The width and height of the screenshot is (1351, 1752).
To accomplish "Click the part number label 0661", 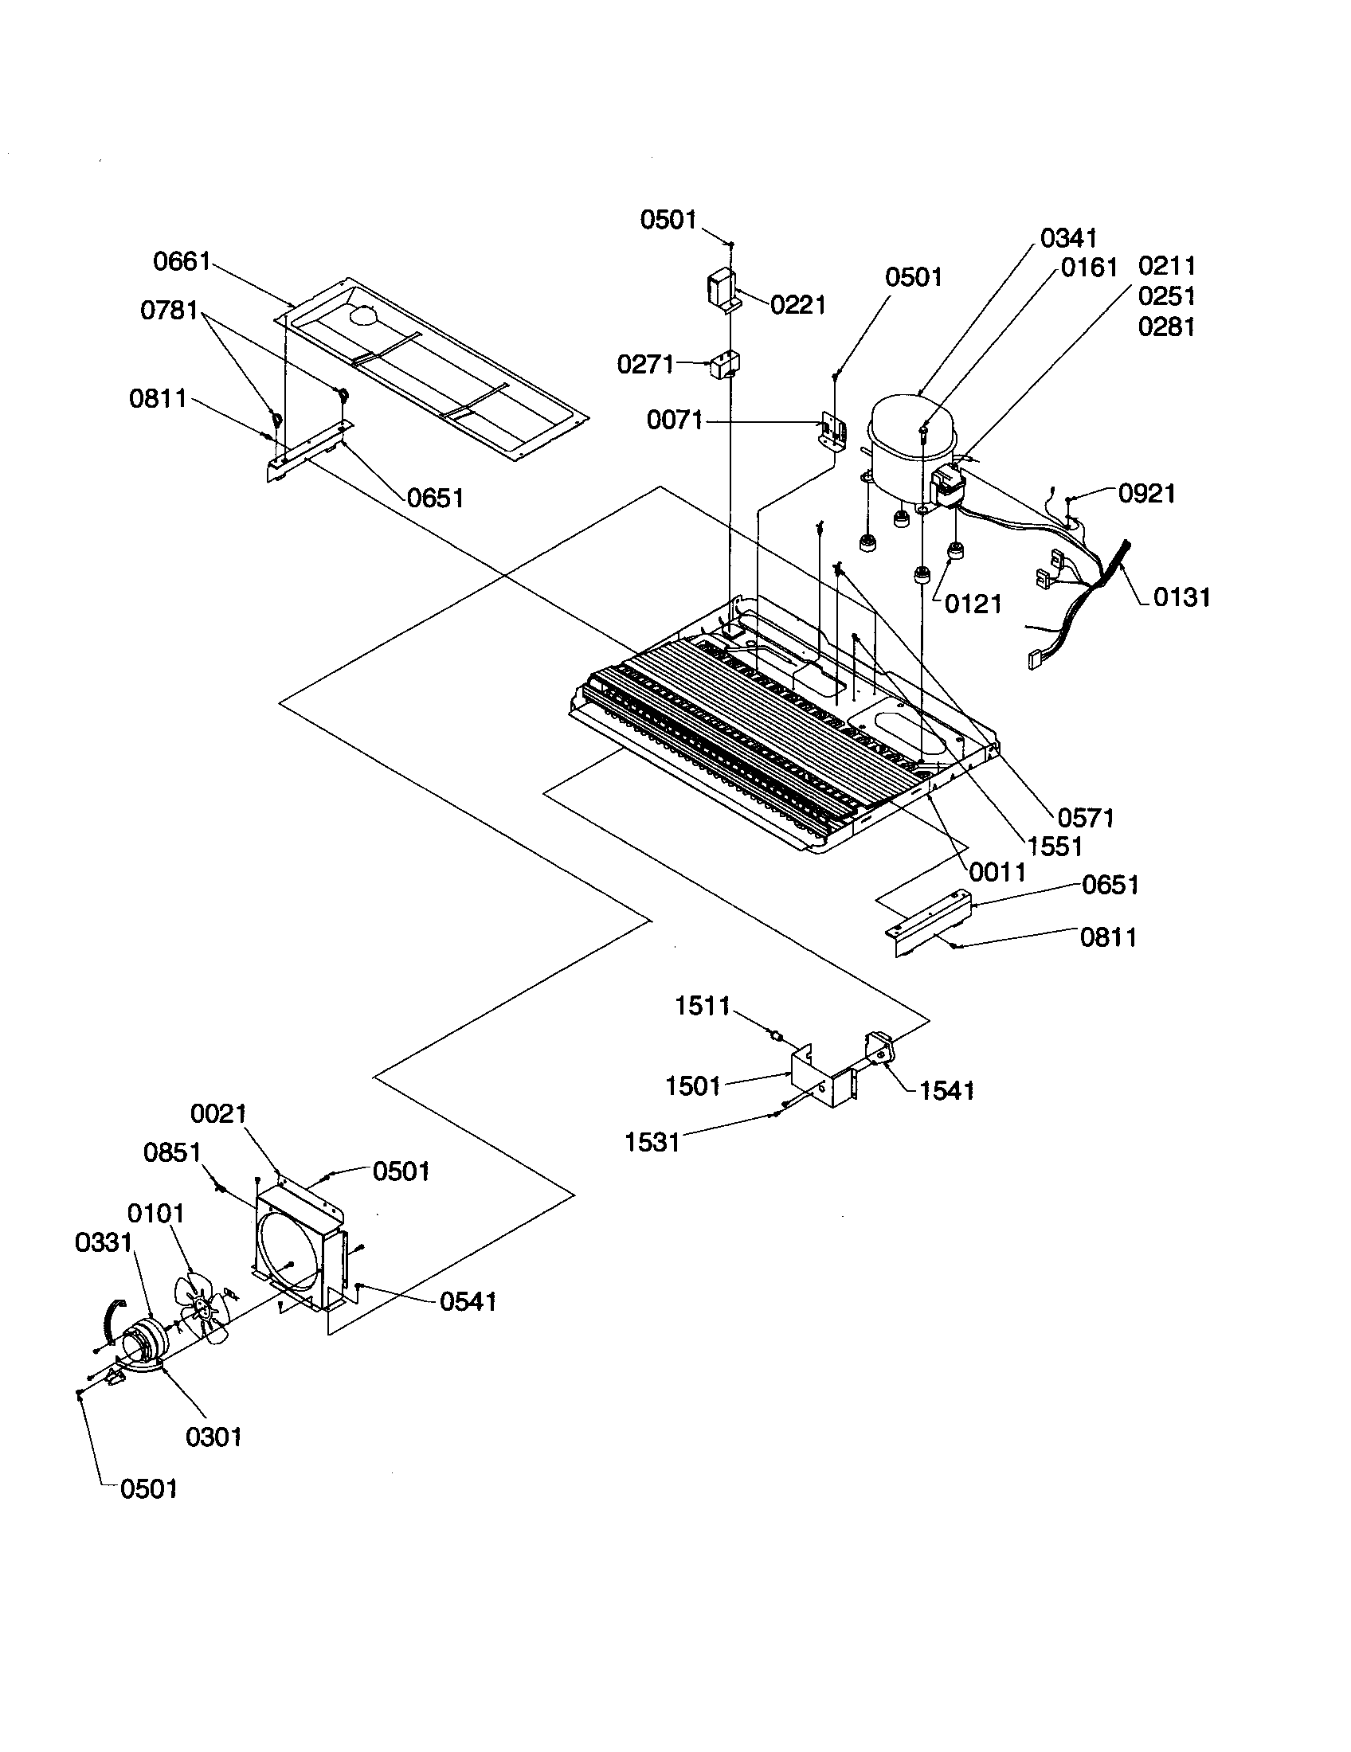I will point(182,261).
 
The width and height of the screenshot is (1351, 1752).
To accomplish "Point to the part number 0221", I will point(797,305).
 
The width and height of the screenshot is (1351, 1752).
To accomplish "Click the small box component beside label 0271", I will point(726,365).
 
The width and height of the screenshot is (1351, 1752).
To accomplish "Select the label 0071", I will point(675,420).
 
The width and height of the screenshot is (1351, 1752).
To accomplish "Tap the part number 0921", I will point(1146,494).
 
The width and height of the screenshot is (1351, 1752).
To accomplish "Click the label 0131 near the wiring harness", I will point(1181,596).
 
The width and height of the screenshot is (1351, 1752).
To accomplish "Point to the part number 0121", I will point(973,604).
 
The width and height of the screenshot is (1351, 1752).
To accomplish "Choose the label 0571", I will point(1086,818).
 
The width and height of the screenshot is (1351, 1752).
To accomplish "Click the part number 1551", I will point(1054,847).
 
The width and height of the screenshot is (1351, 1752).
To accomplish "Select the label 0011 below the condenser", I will point(997,873).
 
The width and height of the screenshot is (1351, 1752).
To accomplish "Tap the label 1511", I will point(702,1006).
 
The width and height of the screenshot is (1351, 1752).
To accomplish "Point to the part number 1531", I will point(652,1142).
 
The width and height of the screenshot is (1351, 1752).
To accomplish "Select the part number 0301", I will point(213,1437).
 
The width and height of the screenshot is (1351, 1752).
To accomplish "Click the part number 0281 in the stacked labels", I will point(1166,327).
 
